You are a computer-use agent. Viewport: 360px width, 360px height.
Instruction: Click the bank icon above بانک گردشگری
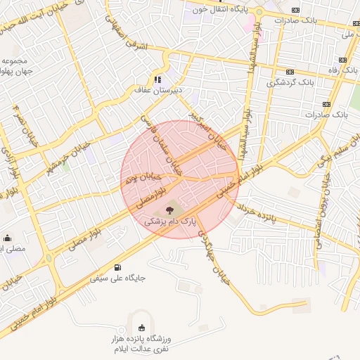coord(290,72)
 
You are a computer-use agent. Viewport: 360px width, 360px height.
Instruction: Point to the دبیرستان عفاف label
coord(159,90)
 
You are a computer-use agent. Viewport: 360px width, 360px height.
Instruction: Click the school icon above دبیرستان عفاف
coord(159,79)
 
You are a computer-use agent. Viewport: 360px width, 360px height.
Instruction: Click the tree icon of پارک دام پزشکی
coord(169,210)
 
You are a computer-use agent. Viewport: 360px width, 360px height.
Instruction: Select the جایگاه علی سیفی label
coord(117,278)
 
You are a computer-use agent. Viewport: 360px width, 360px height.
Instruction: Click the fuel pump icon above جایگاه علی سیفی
coord(117,266)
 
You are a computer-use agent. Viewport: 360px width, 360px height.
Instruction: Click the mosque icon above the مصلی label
coord(8,238)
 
